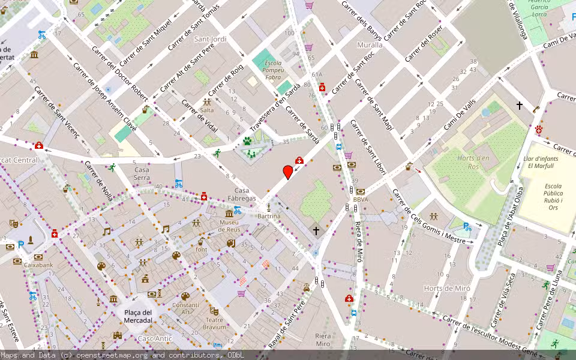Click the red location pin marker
click(288, 172)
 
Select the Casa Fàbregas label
click(242, 194)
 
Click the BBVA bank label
click(360, 200)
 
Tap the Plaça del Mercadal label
click(138, 316)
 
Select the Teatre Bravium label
click(214, 323)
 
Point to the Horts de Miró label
click(446, 289)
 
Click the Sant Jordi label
click(211, 39)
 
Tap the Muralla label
click(370, 45)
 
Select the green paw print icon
click(247, 141)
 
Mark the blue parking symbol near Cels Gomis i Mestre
click(467, 227)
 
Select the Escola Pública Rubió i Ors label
click(553, 196)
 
